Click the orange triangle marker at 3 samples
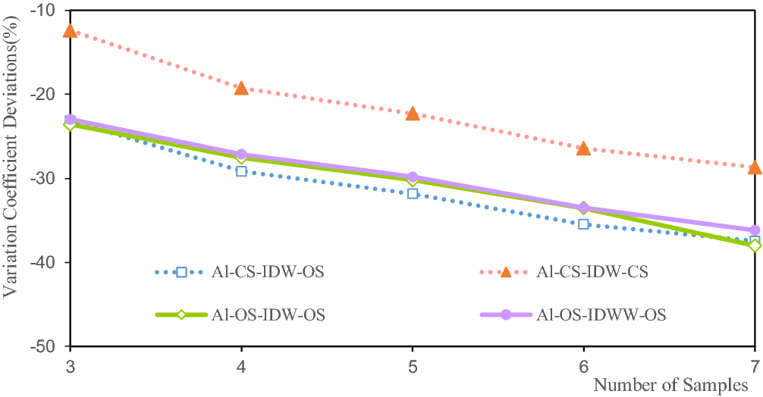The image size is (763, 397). click(x=70, y=31)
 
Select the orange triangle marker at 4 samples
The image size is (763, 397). click(x=241, y=89)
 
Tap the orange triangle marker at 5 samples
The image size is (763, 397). click(x=413, y=114)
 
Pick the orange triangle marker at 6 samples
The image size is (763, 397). click(x=583, y=148)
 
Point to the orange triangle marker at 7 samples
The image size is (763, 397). click(x=755, y=167)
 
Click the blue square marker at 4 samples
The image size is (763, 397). click(x=241, y=171)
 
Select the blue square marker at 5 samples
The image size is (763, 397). click(x=413, y=193)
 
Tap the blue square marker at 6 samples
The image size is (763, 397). click(x=583, y=224)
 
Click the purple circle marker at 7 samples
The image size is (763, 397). click(x=755, y=230)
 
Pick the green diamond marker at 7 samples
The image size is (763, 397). click(x=755, y=245)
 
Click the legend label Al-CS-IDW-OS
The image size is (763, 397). click(x=268, y=272)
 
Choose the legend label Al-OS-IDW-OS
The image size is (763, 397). click(x=269, y=315)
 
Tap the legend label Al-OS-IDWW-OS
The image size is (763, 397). click(x=601, y=315)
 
